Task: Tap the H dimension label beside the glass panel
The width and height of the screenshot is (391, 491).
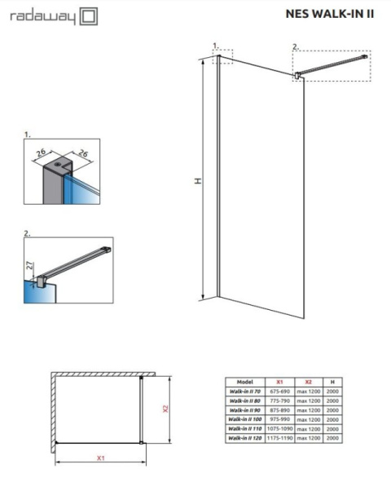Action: click(197, 180)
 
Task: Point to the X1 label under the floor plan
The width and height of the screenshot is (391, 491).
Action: click(100, 458)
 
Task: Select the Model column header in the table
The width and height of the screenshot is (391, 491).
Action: click(245, 382)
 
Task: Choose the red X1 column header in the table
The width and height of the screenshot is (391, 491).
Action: click(279, 382)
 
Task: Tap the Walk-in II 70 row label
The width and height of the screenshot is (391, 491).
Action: click(245, 391)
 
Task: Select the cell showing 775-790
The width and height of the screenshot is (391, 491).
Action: click(279, 400)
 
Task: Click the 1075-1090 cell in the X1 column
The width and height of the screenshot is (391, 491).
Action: click(279, 429)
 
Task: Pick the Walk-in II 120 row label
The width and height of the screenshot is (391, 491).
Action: click(245, 439)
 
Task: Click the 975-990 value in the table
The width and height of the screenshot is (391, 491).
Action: click(279, 419)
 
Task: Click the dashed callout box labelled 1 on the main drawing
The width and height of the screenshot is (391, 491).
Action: click(222, 56)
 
